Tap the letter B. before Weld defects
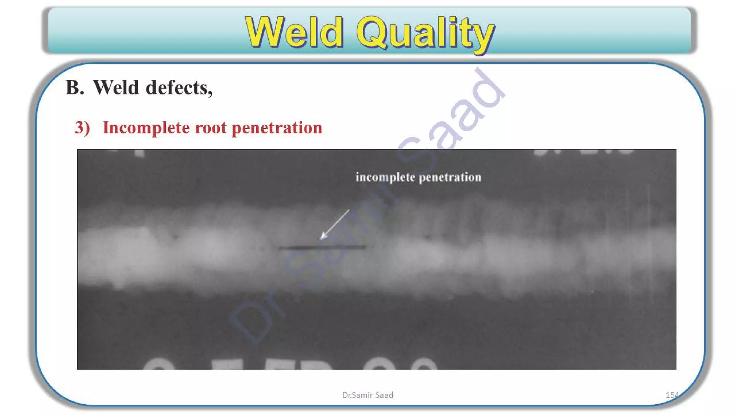pos(75,88)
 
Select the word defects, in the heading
pos(179,88)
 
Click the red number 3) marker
pos(82,128)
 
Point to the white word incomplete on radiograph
pos(385,177)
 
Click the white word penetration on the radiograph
pos(450,177)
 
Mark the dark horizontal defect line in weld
pos(322,247)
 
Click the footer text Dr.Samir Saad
pos(367,395)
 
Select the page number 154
pos(672,395)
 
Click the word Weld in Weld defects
pos(116,88)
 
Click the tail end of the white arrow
pos(349,210)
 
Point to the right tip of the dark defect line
pos(365,247)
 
